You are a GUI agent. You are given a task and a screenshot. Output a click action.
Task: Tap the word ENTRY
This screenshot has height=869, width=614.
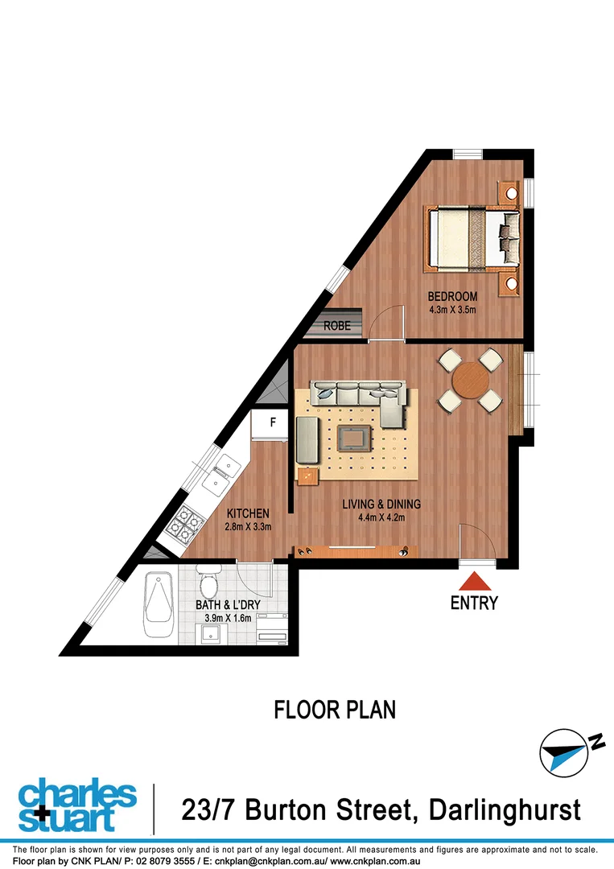point(475,603)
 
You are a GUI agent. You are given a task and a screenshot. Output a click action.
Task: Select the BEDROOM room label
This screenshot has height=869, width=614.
point(451,296)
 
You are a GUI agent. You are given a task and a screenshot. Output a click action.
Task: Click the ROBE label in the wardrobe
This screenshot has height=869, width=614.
point(337,327)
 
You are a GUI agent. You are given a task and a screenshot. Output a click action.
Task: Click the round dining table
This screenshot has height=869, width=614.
point(469,381)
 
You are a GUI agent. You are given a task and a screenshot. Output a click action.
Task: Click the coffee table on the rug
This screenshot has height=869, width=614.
point(354,439)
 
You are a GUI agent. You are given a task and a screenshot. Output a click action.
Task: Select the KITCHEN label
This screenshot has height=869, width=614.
point(247,514)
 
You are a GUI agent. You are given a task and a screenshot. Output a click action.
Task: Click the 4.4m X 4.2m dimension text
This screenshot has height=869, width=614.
point(381,517)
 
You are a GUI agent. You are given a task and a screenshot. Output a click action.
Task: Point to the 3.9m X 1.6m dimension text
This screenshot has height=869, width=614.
point(225,618)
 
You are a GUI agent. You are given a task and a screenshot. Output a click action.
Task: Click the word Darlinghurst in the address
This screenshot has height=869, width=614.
point(504,809)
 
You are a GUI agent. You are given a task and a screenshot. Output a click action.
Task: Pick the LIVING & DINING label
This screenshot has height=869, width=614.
point(381,505)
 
